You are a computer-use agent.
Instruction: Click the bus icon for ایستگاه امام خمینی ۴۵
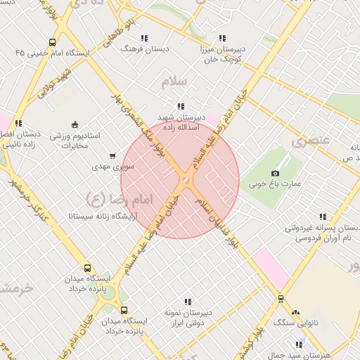[x=52, y=42]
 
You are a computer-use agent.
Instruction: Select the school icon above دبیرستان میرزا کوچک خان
[x=223, y=39]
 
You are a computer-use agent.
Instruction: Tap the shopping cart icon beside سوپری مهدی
[x=112, y=156]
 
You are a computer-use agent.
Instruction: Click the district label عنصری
[x=310, y=140]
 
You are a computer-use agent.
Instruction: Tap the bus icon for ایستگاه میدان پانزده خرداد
[x=87, y=268]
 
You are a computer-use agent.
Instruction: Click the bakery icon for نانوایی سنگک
[x=295, y=312]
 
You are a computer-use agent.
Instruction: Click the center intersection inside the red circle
[x=185, y=181]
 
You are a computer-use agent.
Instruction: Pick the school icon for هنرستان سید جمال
[x=300, y=345]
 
